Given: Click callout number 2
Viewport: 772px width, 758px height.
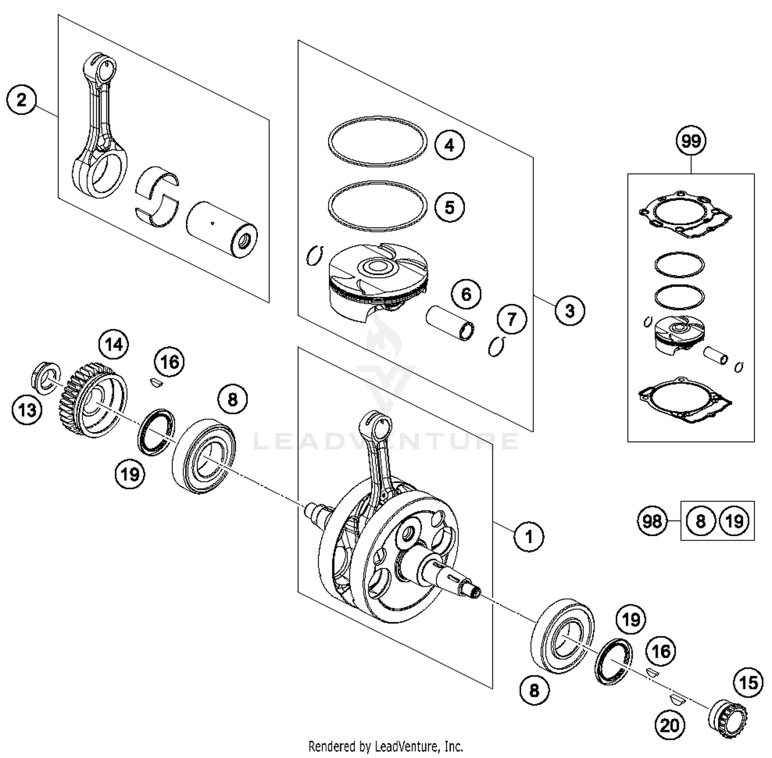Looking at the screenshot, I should (x=22, y=99).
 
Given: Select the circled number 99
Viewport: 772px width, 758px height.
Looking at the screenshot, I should (x=691, y=140).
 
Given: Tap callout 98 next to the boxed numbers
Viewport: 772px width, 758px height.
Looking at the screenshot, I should (x=652, y=521).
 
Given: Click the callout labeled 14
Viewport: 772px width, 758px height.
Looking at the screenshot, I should (x=114, y=343).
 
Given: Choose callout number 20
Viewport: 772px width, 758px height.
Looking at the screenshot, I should (x=670, y=726).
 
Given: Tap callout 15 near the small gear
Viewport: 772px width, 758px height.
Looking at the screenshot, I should (x=749, y=682).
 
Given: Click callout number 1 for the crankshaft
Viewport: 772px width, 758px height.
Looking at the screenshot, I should (x=529, y=537).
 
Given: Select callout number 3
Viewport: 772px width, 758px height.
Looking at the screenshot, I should (x=570, y=311).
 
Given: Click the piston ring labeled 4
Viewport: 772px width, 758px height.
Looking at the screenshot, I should (x=377, y=141).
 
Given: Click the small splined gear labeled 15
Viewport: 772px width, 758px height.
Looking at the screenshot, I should (x=728, y=719).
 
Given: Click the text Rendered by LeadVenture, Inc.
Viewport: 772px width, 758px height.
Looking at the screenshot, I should (x=385, y=746).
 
